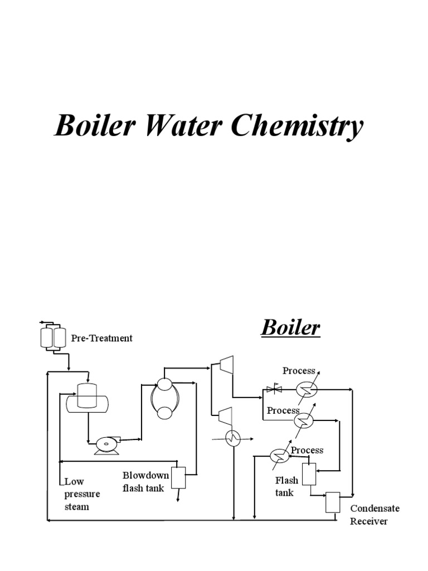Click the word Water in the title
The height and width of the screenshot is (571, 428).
tap(184, 127)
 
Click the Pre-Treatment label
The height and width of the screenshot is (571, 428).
tap(102, 338)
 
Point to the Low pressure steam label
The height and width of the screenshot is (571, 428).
tap(82, 493)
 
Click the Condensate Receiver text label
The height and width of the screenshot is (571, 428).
tap(375, 515)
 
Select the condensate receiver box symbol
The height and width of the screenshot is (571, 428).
tap(333, 502)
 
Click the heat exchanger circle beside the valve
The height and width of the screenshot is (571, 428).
tap(306, 390)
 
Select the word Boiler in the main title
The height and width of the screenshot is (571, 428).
tap(94, 127)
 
